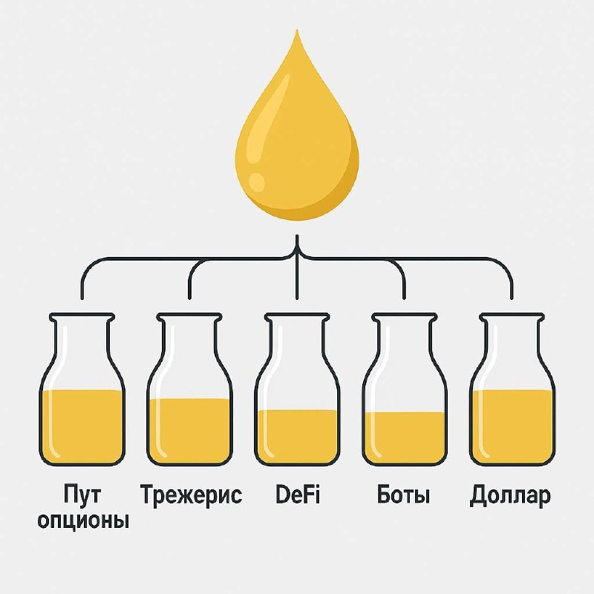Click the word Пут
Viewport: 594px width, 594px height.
[82, 495]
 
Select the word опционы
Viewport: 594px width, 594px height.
[82, 520]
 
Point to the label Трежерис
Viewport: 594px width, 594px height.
[191, 496]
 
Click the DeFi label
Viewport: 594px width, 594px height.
[297, 495]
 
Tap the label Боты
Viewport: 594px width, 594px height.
[403, 495]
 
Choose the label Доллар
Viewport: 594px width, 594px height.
[511, 496]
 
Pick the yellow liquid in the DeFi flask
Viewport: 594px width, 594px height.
[297, 435]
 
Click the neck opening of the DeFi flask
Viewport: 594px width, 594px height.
[297, 318]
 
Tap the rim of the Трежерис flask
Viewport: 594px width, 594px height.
[189, 318]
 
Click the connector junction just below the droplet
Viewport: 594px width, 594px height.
[297, 256]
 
